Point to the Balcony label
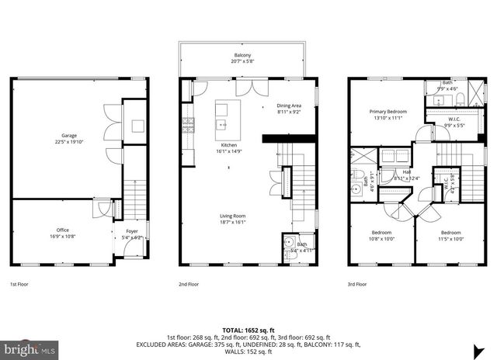pos(242,55)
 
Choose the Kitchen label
pos(228,145)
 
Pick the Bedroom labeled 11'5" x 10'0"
pos(451,233)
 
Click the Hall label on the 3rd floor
pos(406,173)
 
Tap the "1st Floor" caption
pos(20,285)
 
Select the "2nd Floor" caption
pos(189,285)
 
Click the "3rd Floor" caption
pos(358,285)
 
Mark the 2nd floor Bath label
pos(301,244)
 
